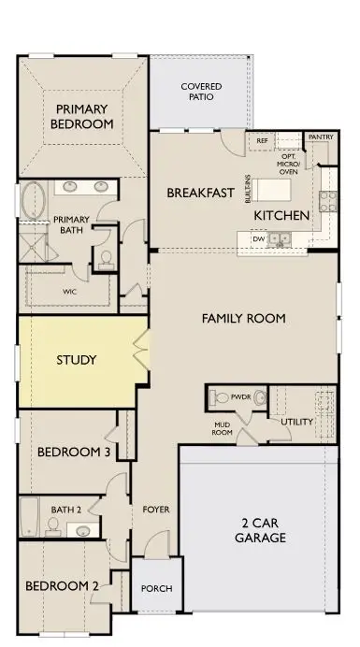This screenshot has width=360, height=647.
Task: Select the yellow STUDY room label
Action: pos(77,359)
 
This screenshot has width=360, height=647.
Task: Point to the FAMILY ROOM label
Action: pos(244,319)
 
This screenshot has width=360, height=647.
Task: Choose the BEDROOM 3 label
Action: pos(74,453)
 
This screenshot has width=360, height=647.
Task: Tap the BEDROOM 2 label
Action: pos(62,586)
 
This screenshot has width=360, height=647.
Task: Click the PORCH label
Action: pos(155,588)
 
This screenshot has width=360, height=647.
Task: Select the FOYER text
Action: pos(155,510)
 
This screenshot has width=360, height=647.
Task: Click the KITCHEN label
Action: pos(281,216)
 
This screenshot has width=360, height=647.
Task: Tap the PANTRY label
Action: pos(320,136)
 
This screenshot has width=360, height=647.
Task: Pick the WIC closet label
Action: pos(68,292)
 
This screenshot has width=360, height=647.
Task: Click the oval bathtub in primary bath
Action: pos(33,200)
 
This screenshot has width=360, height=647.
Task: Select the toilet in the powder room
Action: pos(221,397)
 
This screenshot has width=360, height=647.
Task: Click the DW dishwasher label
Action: pos(258,239)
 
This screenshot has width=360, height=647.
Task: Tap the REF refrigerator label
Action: pos(262,140)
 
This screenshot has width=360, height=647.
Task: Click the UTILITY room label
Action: pos(297,422)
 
